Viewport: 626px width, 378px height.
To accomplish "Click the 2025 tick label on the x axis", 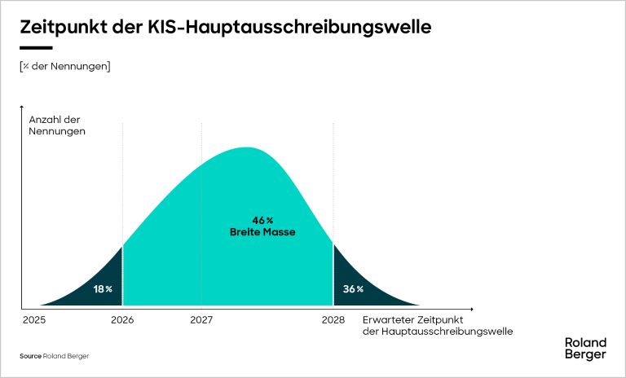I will click(34, 320).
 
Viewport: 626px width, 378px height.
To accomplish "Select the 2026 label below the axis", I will click(121, 320).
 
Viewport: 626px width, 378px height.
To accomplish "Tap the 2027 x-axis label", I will click(201, 320).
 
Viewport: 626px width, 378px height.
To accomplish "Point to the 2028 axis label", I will click(333, 320).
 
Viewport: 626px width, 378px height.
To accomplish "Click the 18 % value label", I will click(103, 289).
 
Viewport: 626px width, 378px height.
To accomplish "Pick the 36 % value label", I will click(353, 289).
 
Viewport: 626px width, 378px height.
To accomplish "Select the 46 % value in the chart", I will click(262, 221).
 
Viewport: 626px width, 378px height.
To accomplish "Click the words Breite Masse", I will click(262, 232).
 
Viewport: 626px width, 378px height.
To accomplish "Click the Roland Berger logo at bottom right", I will click(585, 349).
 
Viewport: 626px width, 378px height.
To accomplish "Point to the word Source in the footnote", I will click(30, 356).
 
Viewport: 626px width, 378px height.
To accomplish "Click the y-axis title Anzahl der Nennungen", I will click(56, 125).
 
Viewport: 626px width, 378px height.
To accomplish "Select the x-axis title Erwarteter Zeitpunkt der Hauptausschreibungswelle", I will click(437, 326).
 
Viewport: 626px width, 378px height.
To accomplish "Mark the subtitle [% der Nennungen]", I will click(64, 66).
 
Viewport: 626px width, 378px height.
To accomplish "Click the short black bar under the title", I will click(36, 48).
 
